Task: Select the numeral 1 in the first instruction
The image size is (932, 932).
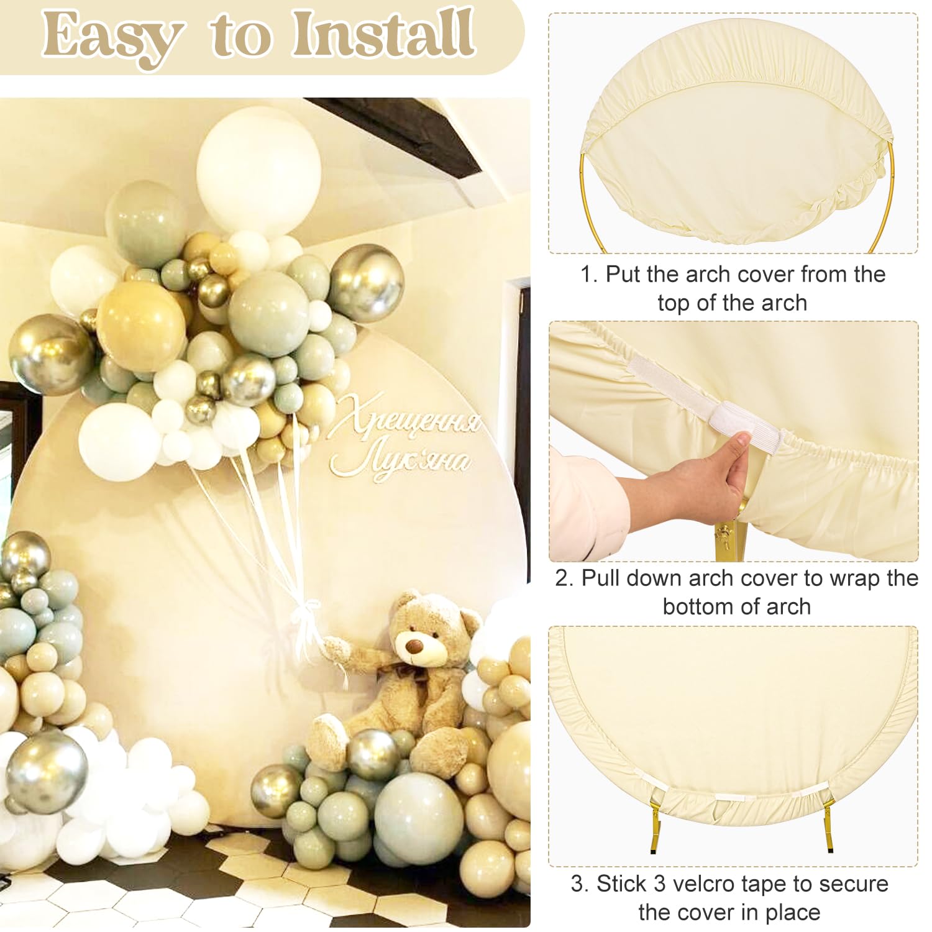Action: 586,275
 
